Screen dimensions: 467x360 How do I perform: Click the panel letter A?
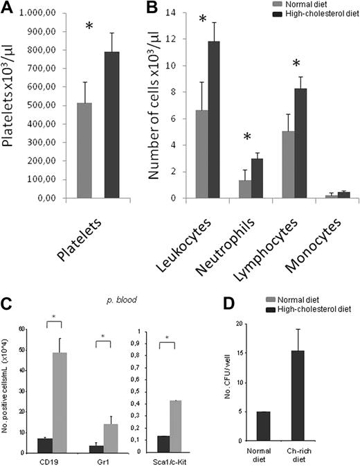pyautogui.click(x=8, y=9)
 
